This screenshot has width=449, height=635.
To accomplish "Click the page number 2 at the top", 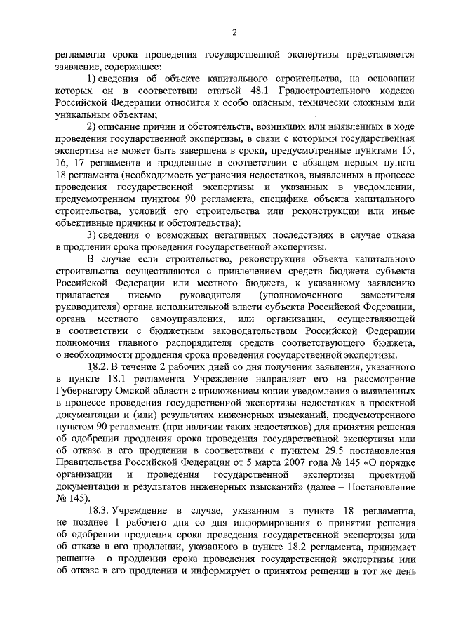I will pos(234,32).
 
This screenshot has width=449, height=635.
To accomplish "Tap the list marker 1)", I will pos(91,79).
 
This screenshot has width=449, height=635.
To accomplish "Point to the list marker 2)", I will pos(91,126).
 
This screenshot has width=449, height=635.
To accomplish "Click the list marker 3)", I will pos(91,234).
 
